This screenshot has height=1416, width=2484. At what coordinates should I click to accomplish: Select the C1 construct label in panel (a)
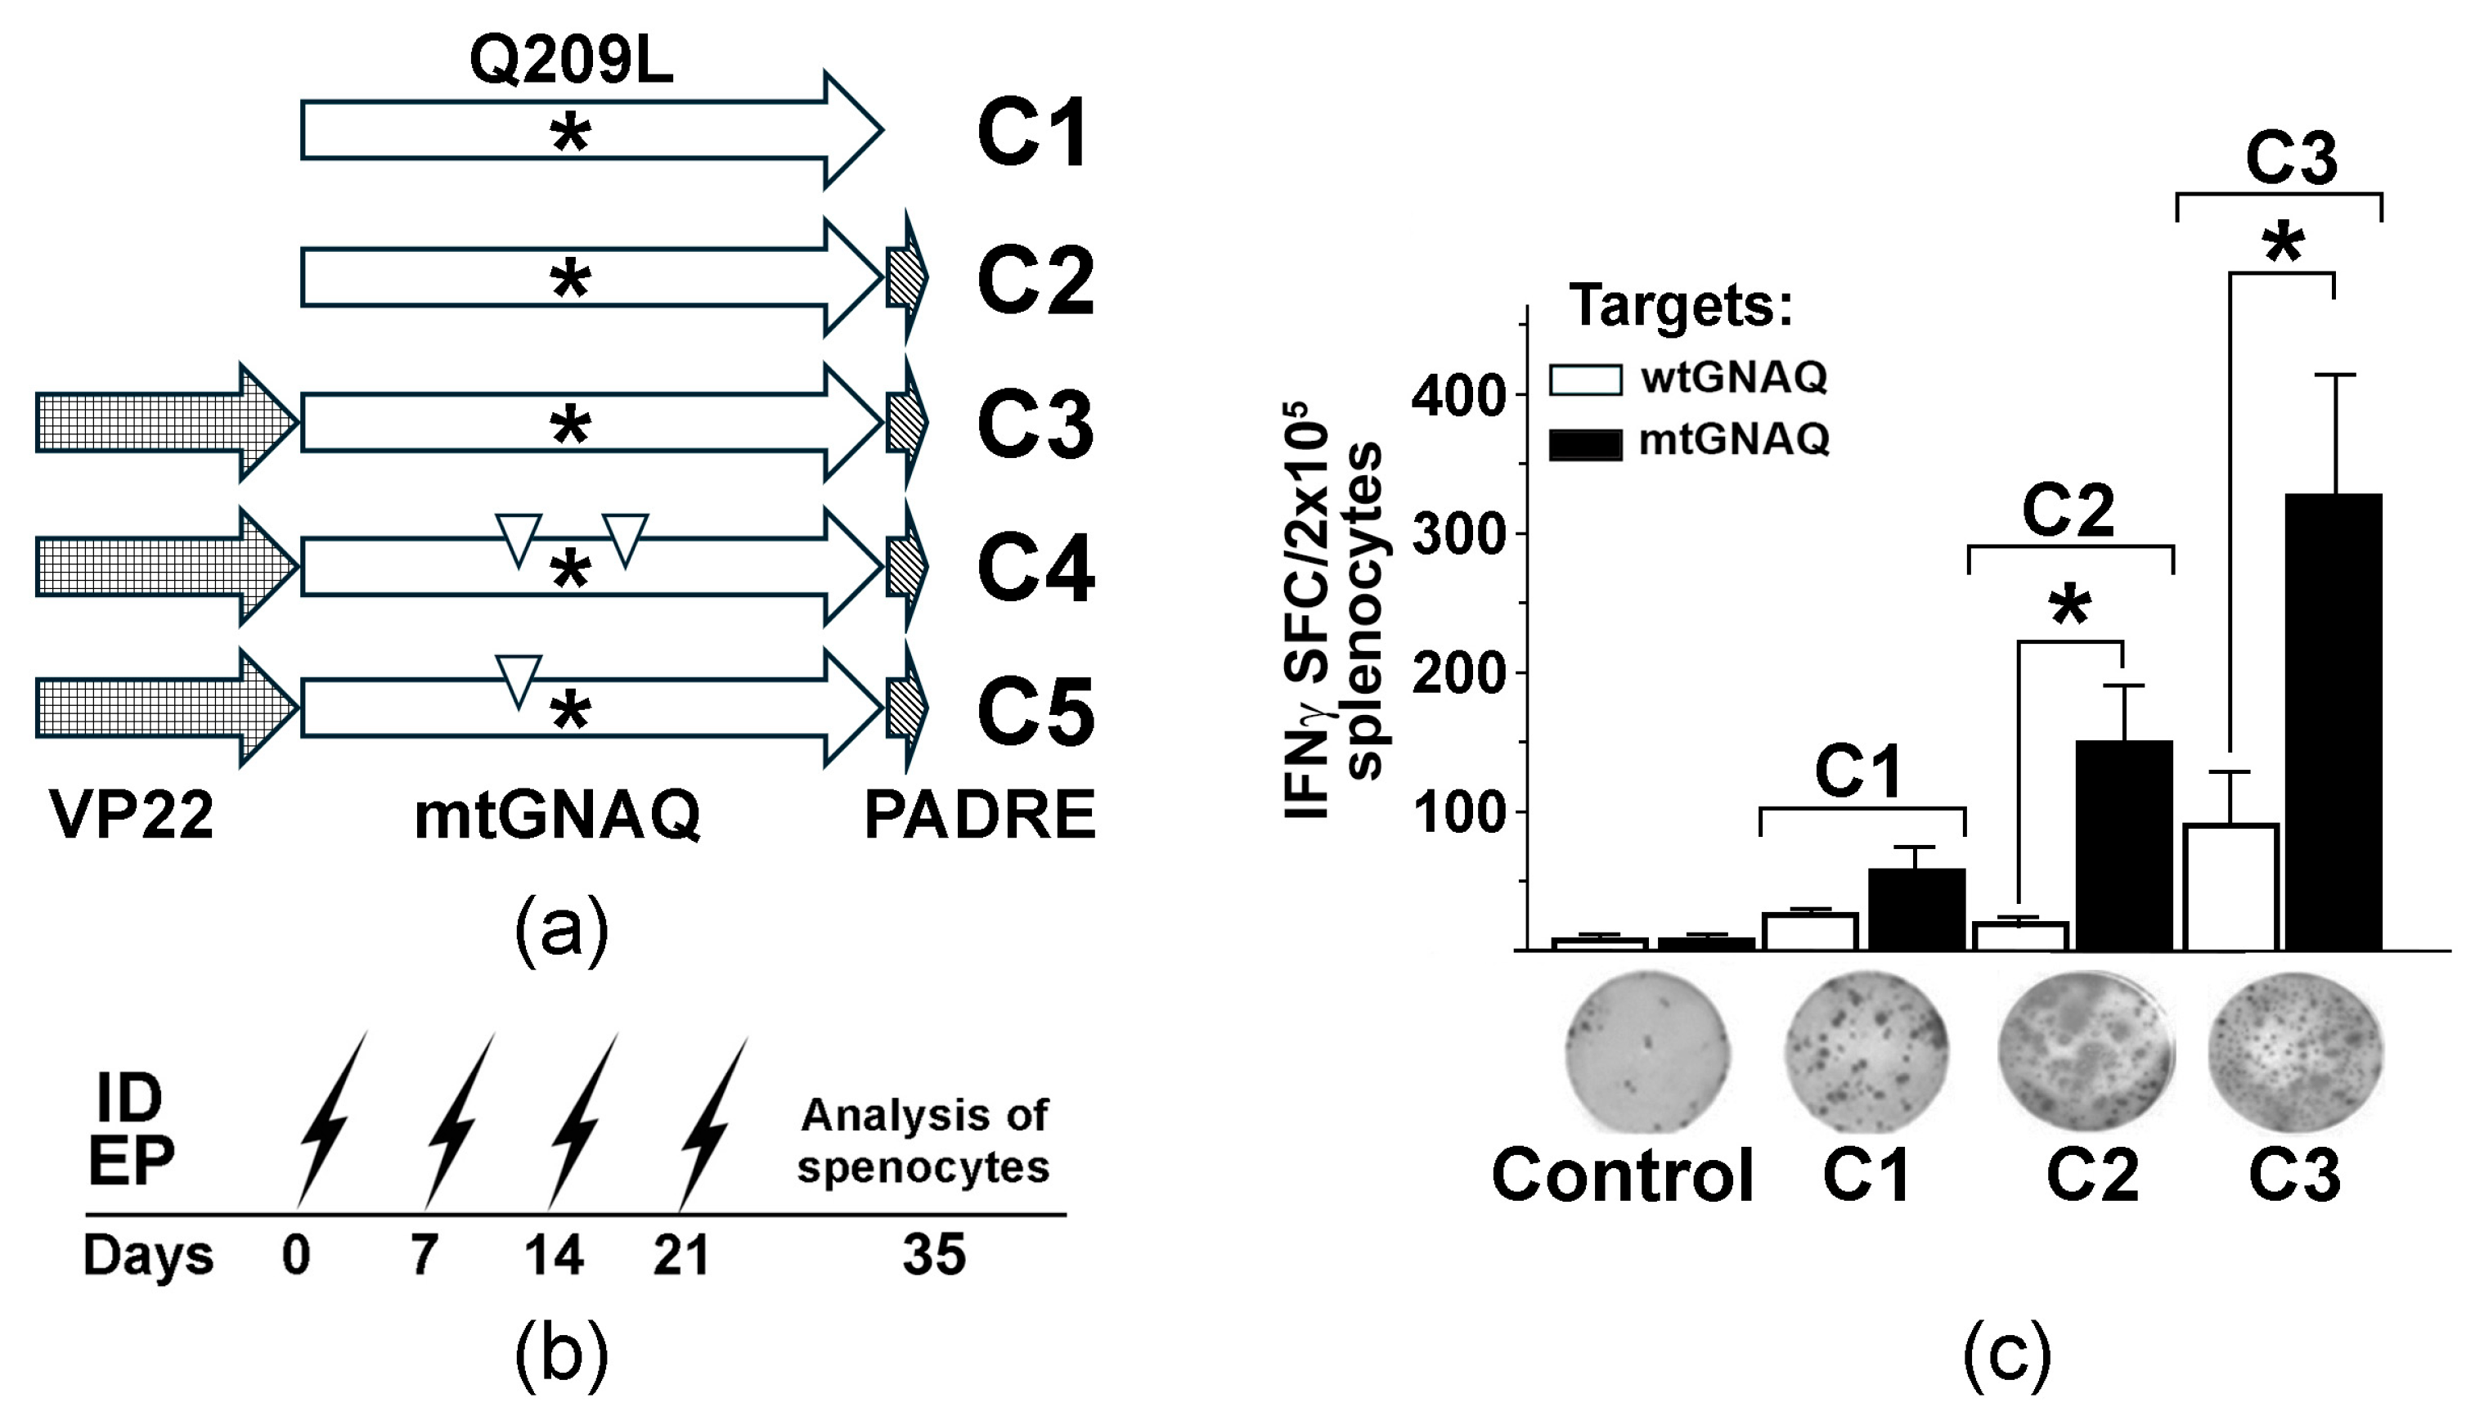(1032, 135)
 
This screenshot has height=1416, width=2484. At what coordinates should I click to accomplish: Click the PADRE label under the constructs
(980, 815)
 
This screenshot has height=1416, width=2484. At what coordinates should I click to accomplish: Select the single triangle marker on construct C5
(519, 679)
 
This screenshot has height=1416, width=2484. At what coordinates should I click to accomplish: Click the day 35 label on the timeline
(933, 1255)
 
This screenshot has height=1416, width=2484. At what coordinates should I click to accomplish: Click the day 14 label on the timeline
(555, 1255)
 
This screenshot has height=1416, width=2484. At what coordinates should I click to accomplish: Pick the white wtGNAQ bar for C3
(2231, 887)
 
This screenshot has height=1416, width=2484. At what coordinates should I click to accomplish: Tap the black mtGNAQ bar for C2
(2124, 844)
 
